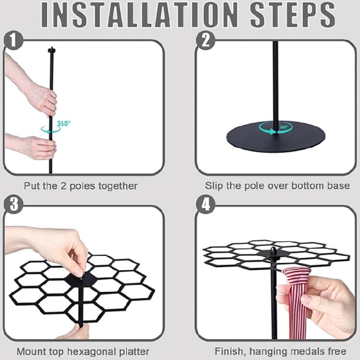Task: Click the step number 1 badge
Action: tap(13, 40)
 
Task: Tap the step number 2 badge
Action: tap(205, 40)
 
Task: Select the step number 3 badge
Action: tap(13, 204)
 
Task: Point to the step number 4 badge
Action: tap(205, 204)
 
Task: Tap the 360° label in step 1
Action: tap(63, 123)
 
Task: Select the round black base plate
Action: tap(276, 137)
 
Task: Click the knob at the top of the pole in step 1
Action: tap(52, 49)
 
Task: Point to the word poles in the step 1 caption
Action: tap(82, 186)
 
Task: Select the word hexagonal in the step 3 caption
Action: tap(91, 351)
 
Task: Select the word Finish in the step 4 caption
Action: tap(230, 351)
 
